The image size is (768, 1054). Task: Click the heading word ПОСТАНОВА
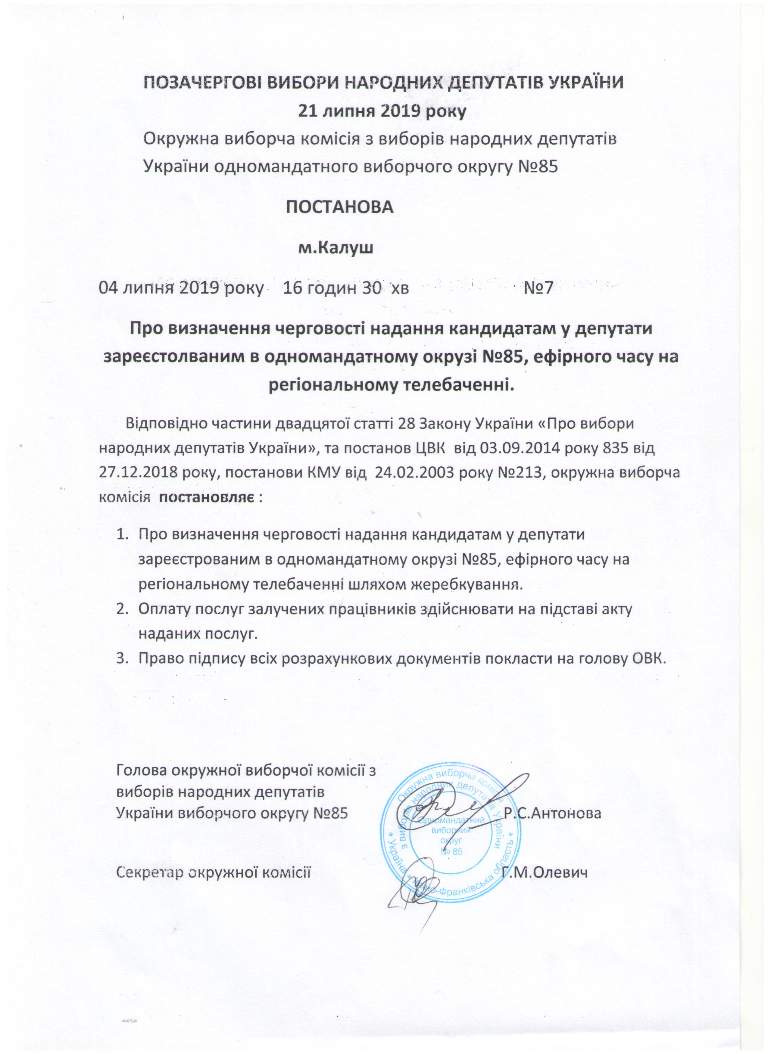click(339, 207)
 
